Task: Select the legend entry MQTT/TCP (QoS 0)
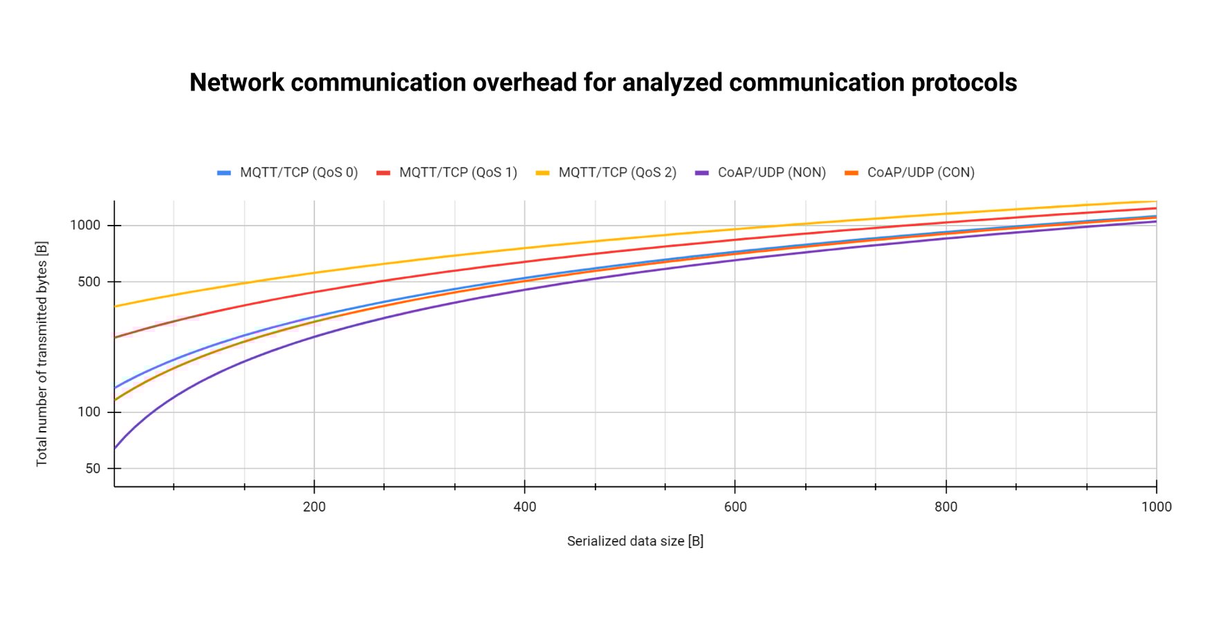298,172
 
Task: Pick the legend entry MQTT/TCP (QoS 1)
457,172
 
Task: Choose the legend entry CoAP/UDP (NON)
771,172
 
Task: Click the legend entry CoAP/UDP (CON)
920,172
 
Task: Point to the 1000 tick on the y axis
85,226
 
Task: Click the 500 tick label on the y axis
89,282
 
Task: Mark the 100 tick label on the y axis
89,412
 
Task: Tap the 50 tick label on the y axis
93,468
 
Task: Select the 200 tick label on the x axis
314,506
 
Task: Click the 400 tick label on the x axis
524,506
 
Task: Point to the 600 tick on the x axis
735,506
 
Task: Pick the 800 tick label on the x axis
946,506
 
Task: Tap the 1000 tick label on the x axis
1156,506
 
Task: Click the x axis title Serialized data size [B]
635,541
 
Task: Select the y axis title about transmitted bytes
42,354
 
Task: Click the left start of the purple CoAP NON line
116,448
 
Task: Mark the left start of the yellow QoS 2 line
116,306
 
